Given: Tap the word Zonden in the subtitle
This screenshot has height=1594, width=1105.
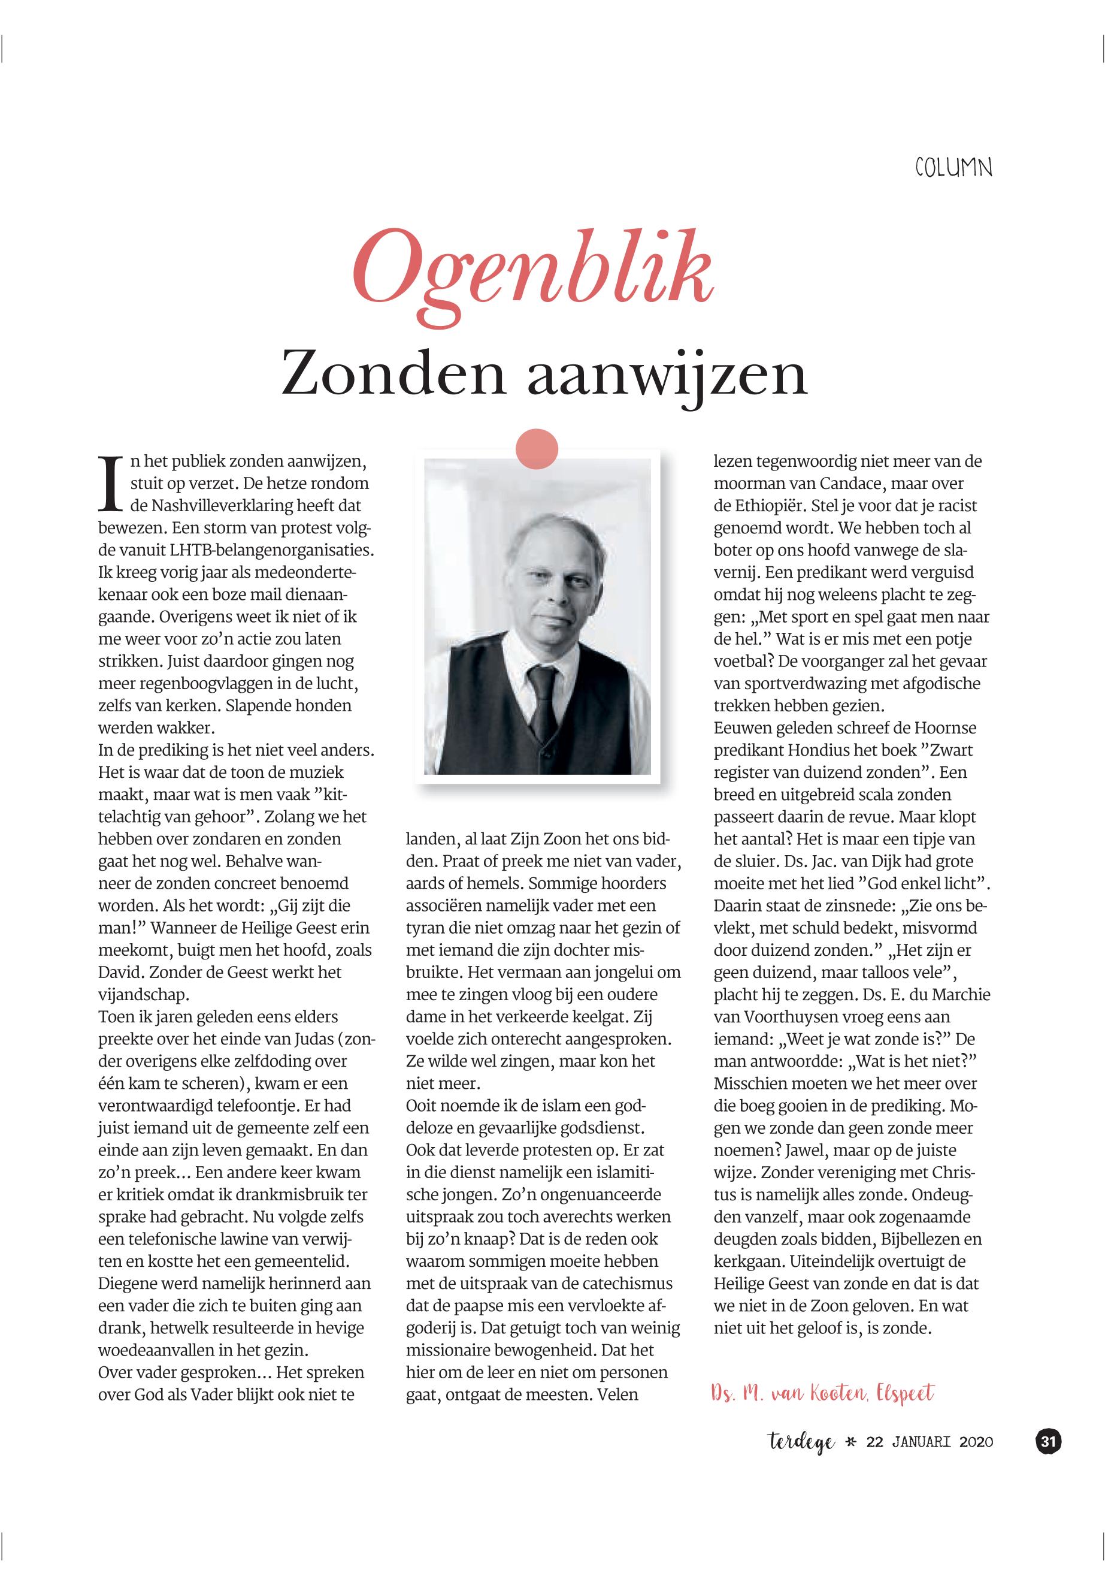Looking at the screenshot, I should (393, 375).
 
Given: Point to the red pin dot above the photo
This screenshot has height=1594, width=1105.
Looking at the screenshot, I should (537, 449).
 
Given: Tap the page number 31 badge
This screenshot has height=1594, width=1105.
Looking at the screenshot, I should (1048, 1442).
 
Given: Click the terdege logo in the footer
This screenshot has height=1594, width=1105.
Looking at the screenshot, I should (801, 1442).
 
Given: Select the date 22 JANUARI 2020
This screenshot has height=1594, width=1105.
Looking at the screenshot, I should (929, 1442).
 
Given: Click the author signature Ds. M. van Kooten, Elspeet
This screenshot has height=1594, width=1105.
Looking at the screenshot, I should (822, 1393).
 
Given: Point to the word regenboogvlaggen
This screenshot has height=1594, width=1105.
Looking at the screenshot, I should (204, 684).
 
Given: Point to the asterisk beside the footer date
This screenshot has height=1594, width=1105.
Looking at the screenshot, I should (851, 1442).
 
